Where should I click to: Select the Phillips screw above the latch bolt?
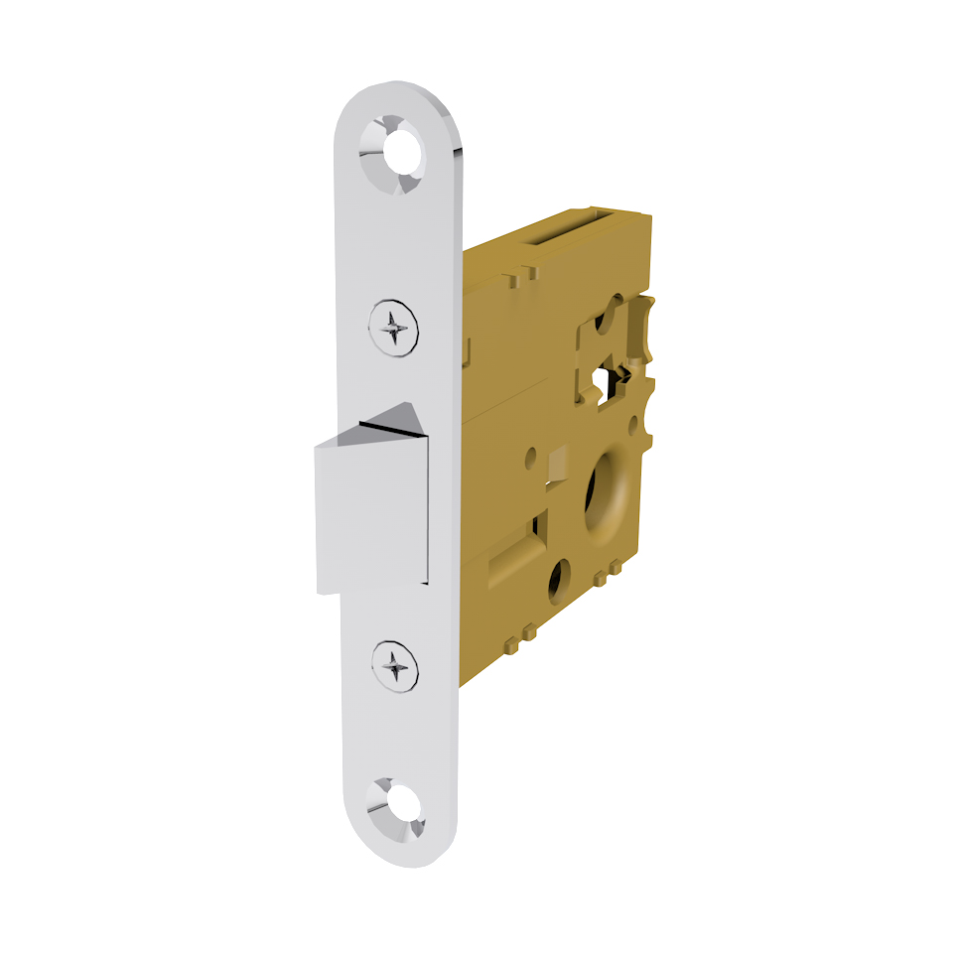(x=394, y=325)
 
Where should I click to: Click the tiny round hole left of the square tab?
(x=531, y=458)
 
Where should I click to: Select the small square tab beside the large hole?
(x=556, y=463)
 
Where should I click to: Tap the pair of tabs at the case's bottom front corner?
(x=520, y=635)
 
